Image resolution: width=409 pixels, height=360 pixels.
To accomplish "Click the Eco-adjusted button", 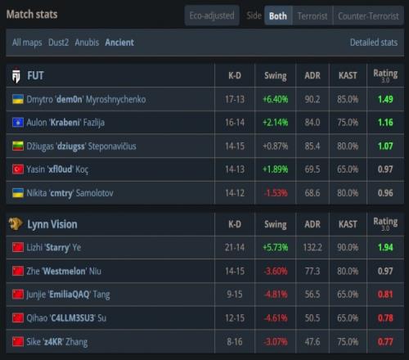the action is pyautogui.click(x=212, y=16).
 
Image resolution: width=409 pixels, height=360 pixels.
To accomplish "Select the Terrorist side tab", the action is pyautogui.click(x=312, y=16).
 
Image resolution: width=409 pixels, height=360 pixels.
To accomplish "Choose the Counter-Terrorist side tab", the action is pyautogui.click(x=368, y=16).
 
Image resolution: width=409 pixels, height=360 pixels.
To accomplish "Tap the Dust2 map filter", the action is pyautogui.click(x=58, y=43).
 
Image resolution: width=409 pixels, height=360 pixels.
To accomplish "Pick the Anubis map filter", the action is pyautogui.click(x=87, y=43).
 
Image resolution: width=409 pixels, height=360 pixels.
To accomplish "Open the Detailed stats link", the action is pyautogui.click(x=374, y=43).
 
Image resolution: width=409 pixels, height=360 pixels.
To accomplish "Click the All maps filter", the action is pyautogui.click(x=27, y=43).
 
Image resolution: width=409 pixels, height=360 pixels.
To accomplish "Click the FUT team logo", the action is pyautogui.click(x=16, y=75).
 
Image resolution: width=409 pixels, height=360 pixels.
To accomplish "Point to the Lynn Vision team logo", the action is pyautogui.click(x=16, y=224).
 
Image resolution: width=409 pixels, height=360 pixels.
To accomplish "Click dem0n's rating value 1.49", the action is pyautogui.click(x=385, y=99).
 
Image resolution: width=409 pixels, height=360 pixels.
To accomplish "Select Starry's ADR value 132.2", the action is pyautogui.click(x=312, y=248).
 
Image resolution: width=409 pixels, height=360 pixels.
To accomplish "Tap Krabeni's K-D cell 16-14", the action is pyautogui.click(x=235, y=123).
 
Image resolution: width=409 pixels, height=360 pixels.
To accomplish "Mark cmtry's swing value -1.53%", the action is pyautogui.click(x=276, y=193).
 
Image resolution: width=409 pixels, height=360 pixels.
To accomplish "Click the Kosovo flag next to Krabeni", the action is pyautogui.click(x=18, y=123).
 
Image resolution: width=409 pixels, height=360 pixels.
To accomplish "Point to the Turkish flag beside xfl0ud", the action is pyautogui.click(x=18, y=169).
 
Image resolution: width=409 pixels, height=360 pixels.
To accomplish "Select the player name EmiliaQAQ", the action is pyautogui.click(x=69, y=295).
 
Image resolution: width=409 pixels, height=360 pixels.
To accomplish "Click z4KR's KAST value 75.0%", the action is pyautogui.click(x=348, y=342).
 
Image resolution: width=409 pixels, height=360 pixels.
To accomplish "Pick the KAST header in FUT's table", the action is pyautogui.click(x=348, y=75).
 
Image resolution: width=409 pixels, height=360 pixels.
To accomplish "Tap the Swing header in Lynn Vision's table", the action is pyautogui.click(x=276, y=225).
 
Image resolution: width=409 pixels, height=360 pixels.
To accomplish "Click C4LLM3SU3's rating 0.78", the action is pyautogui.click(x=385, y=318).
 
